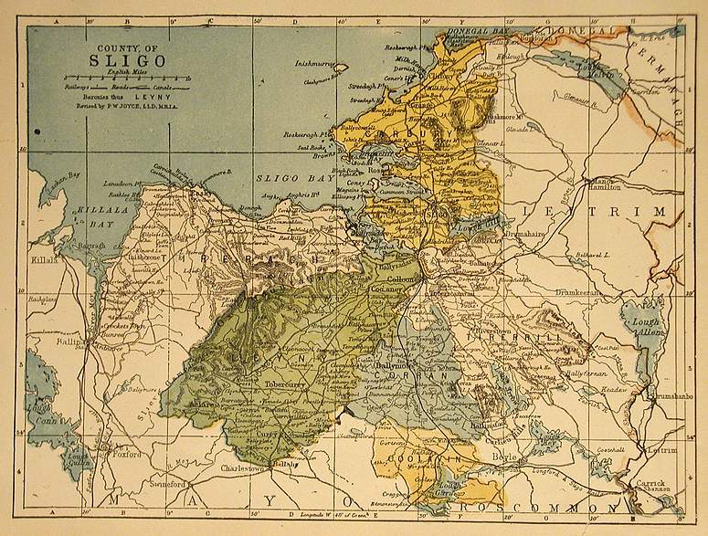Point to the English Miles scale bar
click(128, 84)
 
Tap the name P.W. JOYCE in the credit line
click(143, 105)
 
